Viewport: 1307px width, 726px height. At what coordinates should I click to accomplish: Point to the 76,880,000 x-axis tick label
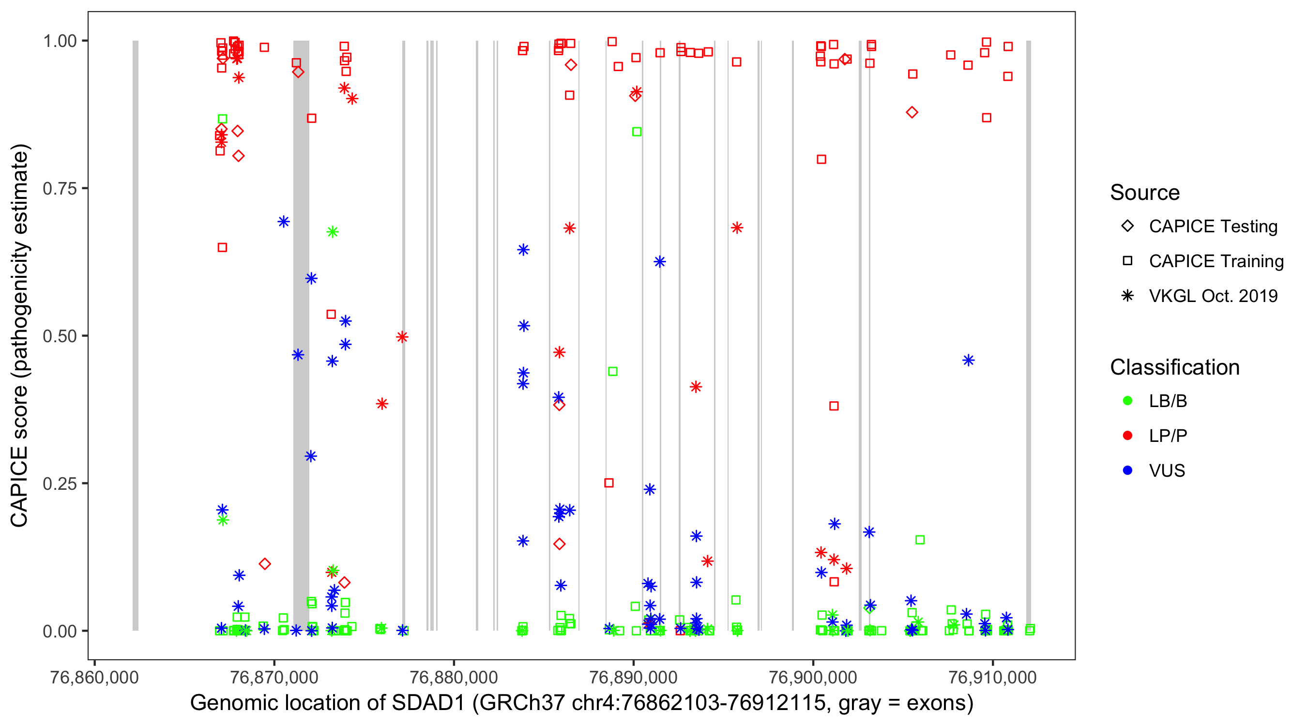coord(454,677)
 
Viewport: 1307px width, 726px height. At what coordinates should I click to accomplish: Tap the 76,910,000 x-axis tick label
coord(992,677)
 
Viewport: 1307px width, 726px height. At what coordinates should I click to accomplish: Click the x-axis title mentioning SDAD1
coord(581,703)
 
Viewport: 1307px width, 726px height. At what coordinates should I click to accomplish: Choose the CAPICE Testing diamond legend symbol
coord(1127,227)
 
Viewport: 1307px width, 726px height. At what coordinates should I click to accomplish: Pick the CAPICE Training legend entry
coord(1216,261)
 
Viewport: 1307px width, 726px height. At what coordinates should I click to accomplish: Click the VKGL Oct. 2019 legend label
coord(1213,296)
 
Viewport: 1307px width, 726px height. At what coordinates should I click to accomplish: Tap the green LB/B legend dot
coord(1127,401)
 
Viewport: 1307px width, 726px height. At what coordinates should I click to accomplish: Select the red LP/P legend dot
coord(1127,436)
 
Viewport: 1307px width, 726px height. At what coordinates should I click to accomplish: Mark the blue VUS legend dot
coord(1127,471)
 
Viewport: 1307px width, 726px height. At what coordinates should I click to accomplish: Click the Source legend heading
coord(1145,193)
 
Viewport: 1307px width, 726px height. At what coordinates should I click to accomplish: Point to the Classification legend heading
coord(1174,367)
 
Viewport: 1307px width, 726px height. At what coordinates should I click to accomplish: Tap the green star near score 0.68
coord(333,232)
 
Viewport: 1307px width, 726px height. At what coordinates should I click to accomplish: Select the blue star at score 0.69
coord(284,222)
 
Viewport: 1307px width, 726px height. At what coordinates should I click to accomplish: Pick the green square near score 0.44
coord(612,372)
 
